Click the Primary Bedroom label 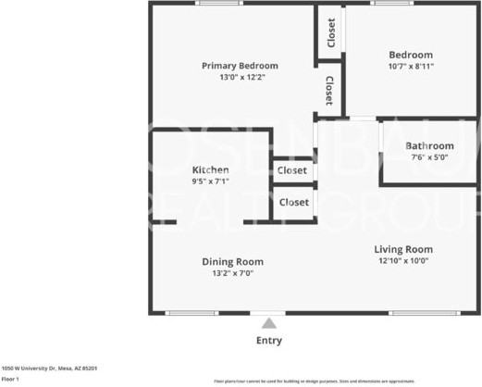[x=240, y=66]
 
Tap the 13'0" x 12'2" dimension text [x=240, y=78]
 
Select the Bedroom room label [x=410, y=55]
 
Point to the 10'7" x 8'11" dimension [x=410, y=67]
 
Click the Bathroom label [x=429, y=145]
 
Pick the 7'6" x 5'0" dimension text [x=429, y=157]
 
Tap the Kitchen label [x=210, y=170]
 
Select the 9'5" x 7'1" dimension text [x=210, y=181]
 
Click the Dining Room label [x=232, y=262]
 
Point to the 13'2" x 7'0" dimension [x=232, y=273]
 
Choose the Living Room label [x=403, y=249]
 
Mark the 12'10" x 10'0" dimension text [x=403, y=261]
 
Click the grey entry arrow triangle [x=269, y=323]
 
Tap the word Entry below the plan [x=269, y=341]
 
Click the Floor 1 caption [x=10, y=379]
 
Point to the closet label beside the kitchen [x=293, y=170]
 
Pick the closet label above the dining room [x=293, y=201]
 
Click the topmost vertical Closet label [x=330, y=33]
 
